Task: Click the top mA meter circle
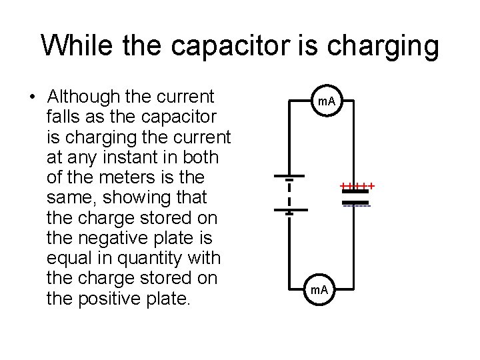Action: (x=327, y=102)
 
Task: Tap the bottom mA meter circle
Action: (x=320, y=290)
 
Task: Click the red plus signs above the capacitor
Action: (x=357, y=185)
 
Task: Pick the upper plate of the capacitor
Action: (x=356, y=191)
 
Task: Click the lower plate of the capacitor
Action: (x=356, y=201)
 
